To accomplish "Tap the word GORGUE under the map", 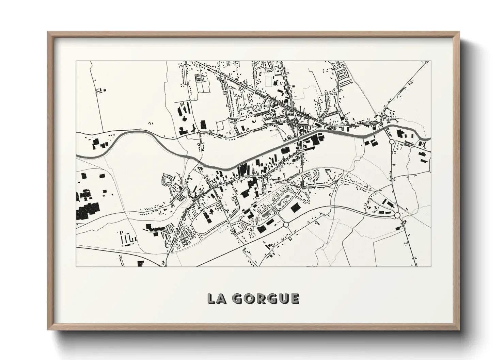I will coord(266,298).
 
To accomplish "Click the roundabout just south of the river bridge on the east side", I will coord(392,141).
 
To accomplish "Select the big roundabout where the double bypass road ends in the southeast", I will coord(397,215).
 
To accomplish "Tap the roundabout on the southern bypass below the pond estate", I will coord(286,225).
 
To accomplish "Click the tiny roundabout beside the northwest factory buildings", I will coord(199,131).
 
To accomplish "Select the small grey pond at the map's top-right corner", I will coord(426,62).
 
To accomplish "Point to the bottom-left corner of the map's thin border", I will coord(76,266).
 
